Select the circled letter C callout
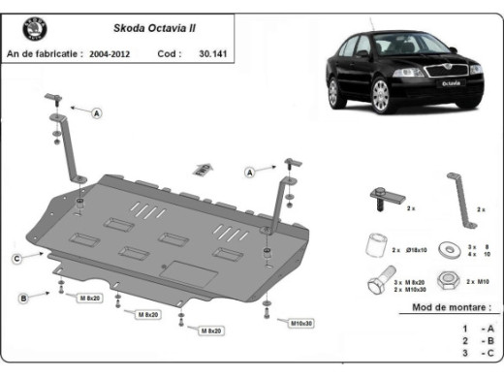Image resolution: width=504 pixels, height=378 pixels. (x=17, y=258)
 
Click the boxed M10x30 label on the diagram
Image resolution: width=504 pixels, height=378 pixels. (x=302, y=322)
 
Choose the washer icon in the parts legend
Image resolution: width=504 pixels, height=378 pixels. (x=448, y=249)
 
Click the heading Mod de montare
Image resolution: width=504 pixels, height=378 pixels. (x=444, y=307)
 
